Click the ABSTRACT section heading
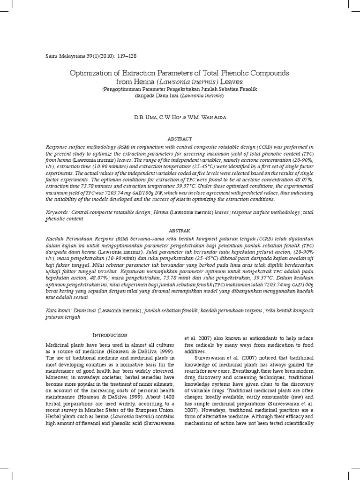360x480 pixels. pos(180,139)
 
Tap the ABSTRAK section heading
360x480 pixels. pos(180,230)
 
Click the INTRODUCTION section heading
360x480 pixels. pos(110,335)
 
